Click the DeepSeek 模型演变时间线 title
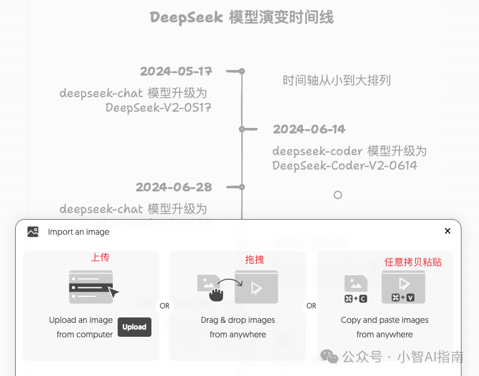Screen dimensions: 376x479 [241, 18]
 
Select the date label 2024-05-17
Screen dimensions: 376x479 [176, 71]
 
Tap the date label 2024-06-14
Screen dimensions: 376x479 [309, 129]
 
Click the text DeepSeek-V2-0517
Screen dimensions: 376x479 [159, 107]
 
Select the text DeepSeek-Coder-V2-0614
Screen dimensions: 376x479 [344, 165]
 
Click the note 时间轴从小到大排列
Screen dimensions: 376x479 [337, 80]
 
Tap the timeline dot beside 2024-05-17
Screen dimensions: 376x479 [242, 71]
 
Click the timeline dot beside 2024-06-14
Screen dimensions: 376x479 [242, 129]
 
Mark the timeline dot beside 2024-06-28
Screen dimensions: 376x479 [242, 187]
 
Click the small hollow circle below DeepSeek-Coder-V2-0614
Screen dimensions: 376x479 [338, 195]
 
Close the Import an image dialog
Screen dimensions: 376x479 [448, 231]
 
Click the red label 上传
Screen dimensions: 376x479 [100, 258]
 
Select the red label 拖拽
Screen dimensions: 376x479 [255, 260]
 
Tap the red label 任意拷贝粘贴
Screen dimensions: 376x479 [413, 262]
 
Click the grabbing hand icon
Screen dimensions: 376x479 [216, 295]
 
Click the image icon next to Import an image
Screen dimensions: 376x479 [33, 232]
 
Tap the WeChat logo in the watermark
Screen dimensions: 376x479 [329, 357]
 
